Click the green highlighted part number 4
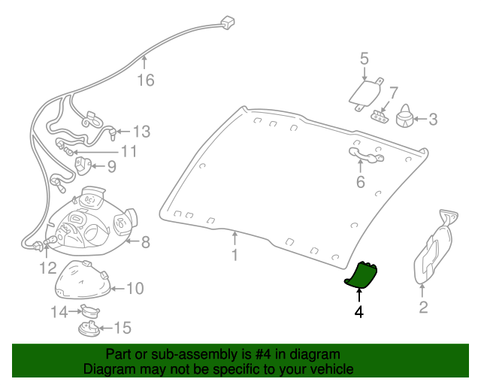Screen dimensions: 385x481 362,276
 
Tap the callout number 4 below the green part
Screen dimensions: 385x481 359,311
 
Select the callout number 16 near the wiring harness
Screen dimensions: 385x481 145,80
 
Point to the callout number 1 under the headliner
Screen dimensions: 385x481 234,256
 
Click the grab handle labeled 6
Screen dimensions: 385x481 364,155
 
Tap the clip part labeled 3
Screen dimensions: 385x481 407,115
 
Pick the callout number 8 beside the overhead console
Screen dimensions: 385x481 145,242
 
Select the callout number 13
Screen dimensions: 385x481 141,131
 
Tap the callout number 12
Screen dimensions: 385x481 47,267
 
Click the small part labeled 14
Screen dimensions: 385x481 89,309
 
